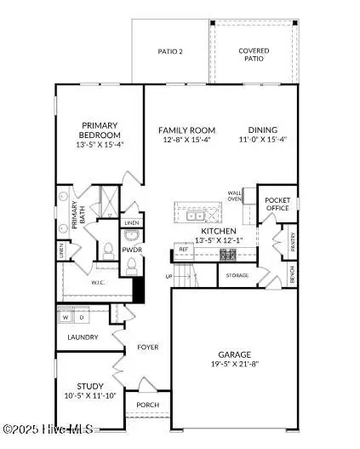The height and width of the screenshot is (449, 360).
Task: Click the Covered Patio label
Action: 254,55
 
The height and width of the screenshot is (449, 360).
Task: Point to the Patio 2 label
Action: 170,52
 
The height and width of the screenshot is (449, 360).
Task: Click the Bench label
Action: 292,274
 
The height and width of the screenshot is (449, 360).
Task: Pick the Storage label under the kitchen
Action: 237,275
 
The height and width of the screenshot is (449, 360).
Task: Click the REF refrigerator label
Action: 183,250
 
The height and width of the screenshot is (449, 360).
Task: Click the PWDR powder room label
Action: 131,250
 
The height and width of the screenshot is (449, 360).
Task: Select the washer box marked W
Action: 65,317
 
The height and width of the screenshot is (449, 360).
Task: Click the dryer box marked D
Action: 81,317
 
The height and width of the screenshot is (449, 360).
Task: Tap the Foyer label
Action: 148,347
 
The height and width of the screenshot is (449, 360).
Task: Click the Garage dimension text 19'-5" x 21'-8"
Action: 233,364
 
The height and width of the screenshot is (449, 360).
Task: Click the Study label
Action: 89,385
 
